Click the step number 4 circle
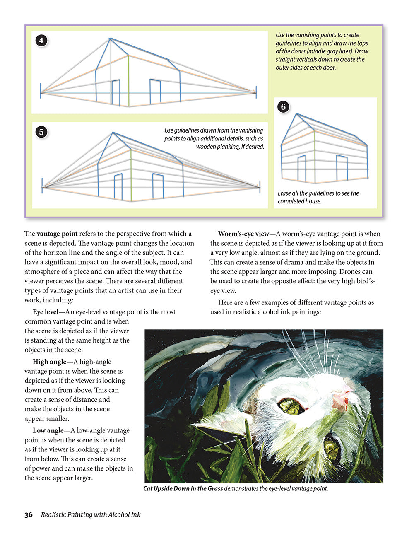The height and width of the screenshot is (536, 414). pos(42,41)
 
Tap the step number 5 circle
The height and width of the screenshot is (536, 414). pos(41,132)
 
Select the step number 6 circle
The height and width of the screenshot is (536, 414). pos(283,107)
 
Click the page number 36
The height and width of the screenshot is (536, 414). pos(29,515)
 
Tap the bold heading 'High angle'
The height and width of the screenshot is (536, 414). pos(49,362)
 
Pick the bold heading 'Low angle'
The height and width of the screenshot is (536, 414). pos(48,430)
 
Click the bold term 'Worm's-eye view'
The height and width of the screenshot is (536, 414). pos(243,234)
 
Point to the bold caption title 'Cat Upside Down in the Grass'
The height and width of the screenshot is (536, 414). pos(183,489)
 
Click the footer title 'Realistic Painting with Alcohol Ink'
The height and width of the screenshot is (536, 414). pos(91,515)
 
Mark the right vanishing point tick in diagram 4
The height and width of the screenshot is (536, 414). pos(256,92)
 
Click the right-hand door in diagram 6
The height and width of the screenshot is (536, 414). pos(342,168)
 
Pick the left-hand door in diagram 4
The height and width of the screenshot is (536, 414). pos(116,92)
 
